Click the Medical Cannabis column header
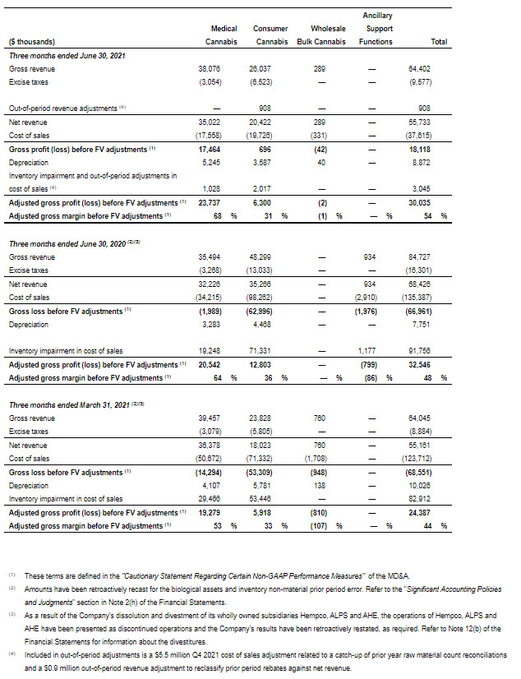click(x=224, y=35)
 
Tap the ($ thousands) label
click(x=32, y=41)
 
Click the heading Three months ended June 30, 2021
click(x=60, y=54)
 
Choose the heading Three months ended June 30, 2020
click(x=66, y=243)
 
